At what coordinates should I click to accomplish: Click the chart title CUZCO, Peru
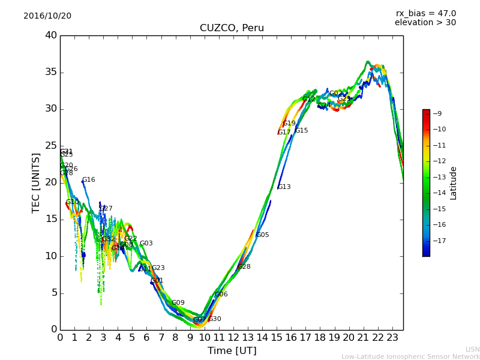tap(232, 28)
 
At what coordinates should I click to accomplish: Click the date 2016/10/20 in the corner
tap(47, 16)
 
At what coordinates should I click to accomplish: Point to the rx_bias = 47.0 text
tap(425, 14)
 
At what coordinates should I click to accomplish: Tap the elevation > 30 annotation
tap(425, 23)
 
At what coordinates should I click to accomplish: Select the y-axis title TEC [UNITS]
tap(36, 183)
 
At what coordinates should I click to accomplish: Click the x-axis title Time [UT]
tap(232, 351)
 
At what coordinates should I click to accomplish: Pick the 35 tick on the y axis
tap(51, 73)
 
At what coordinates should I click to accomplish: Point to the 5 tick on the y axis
tap(53, 293)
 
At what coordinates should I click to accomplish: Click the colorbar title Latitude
tap(454, 183)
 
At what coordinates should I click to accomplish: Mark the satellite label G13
tap(284, 187)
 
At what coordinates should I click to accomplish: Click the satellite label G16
tap(89, 180)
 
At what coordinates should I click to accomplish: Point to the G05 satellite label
tap(262, 235)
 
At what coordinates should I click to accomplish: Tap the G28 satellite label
tap(244, 267)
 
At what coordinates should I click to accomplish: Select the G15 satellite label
tap(301, 131)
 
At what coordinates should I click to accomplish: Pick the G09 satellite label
tap(178, 303)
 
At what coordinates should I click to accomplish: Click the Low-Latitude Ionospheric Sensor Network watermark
tap(410, 356)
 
